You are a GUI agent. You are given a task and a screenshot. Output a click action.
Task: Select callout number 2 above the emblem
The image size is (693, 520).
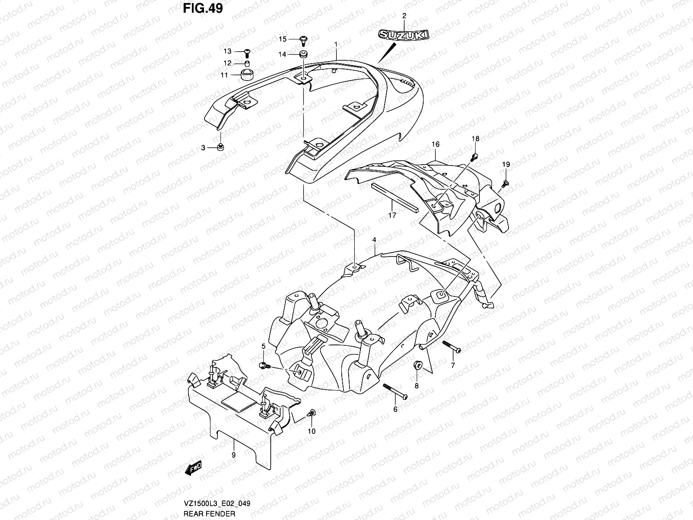tap(404, 16)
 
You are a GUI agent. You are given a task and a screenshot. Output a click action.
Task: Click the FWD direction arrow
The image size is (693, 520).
tap(194, 467)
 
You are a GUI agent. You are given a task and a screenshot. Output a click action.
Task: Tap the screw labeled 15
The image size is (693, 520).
tap(304, 40)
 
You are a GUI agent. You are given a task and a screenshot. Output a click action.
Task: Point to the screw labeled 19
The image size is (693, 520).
tap(505, 184)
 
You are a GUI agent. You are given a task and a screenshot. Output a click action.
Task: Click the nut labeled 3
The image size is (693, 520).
tap(220, 147)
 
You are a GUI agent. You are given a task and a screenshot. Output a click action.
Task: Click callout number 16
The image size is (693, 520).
tap(435, 144)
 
